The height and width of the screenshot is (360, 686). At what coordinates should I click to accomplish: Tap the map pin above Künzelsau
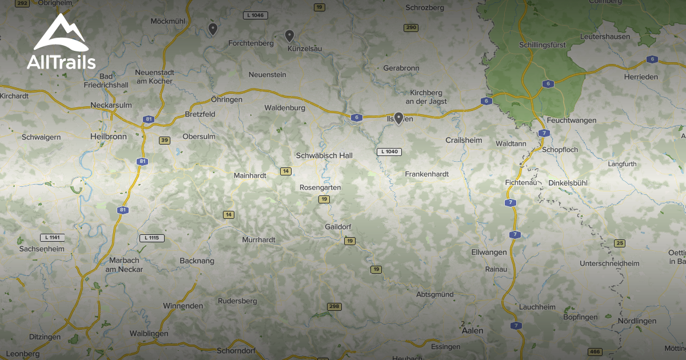click(289, 35)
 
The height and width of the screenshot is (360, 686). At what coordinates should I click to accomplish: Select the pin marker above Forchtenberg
click(213, 29)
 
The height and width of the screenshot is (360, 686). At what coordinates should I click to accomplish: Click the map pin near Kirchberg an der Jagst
click(398, 118)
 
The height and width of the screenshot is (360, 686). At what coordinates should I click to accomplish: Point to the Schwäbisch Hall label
click(324, 155)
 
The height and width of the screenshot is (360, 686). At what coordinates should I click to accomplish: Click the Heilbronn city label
click(108, 137)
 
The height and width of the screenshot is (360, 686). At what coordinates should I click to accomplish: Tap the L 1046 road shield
click(255, 15)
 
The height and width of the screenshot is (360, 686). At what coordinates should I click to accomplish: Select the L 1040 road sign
click(389, 151)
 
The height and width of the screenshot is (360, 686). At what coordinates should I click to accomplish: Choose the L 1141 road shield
click(52, 237)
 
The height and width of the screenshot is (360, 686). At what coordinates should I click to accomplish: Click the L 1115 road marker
click(151, 238)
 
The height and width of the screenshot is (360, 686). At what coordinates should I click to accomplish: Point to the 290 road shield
click(410, 27)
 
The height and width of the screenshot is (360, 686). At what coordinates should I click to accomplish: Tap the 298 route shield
click(334, 307)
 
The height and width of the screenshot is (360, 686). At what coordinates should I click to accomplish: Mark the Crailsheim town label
click(464, 140)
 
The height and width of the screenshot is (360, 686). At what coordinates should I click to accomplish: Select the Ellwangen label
click(489, 252)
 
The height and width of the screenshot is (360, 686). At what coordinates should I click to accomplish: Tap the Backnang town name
click(197, 261)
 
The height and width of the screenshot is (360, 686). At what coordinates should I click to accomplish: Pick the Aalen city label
click(472, 330)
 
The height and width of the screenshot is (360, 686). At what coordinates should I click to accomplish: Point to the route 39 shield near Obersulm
click(165, 140)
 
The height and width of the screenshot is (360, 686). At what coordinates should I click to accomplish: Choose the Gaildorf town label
click(337, 227)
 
